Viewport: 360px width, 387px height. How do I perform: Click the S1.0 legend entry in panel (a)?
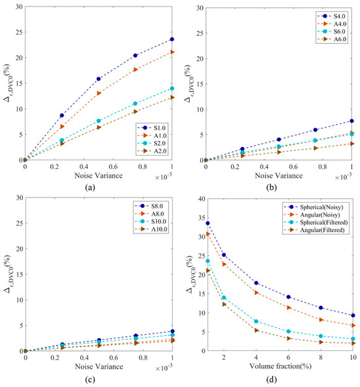click(151, 128)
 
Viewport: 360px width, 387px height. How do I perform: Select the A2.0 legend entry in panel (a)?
click(152, 151)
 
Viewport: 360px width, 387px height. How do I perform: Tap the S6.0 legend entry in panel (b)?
click(331, 31)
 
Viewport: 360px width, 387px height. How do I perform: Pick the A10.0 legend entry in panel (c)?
click(151, 229)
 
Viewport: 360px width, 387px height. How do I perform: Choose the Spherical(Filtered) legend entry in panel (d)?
click(315, 222)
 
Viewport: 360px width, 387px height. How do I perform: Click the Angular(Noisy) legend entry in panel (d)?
click(312, 214)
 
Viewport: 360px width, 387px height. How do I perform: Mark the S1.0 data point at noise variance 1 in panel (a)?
click(172, 39)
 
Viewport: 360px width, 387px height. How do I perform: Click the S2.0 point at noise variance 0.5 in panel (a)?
click(99, 121)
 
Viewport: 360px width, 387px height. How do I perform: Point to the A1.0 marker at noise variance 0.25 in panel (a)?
click(62, 127)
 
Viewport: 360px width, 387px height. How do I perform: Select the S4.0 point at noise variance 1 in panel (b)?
click(351, 121)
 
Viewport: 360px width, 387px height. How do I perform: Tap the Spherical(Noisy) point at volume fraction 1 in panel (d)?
click(207, 223)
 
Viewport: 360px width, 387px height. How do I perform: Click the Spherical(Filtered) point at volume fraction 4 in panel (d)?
click(256, 322)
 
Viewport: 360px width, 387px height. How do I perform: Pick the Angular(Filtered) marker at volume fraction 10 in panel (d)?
click(353, 343)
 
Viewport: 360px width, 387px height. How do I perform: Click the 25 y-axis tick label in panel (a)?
click(19, 32)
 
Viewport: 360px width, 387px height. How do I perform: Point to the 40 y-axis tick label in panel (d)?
click(202, 199)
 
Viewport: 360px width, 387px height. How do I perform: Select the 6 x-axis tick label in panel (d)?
click(289, 357)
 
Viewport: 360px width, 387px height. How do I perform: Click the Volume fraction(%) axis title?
click(280, 366)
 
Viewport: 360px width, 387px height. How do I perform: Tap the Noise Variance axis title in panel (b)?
click(279, 175)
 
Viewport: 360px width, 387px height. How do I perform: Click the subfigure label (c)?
click(90, 379)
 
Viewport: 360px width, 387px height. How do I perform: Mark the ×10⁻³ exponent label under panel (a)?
click(164, 177)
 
